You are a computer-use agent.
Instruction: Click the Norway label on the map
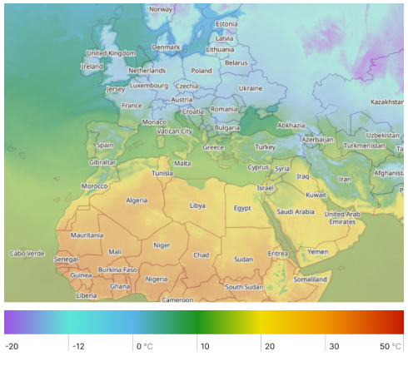coord(161,9)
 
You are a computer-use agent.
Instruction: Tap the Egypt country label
coord(242,208)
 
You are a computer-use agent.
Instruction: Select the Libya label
coord(197,205)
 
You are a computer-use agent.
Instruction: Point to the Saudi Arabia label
coord(296,212)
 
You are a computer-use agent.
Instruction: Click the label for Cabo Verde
coord(27,253)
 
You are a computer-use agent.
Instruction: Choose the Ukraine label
coord(251,87)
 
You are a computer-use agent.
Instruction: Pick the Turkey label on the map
coord(265,147)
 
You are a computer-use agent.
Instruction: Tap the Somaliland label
coord(311,279)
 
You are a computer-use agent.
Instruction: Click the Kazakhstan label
coord(386,101)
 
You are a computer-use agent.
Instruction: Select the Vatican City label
coord(175,131)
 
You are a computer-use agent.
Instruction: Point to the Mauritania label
coord(87,235)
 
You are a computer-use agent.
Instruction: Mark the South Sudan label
coord(244,287)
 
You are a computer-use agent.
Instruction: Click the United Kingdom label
coord(111,53)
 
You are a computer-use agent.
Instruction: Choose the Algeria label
coord(137,200)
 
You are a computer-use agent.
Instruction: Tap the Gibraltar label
coord(103,162)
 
